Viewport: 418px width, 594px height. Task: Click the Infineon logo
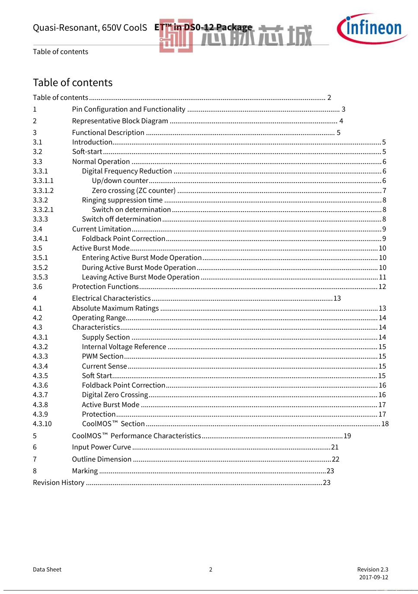[x=371, y=29]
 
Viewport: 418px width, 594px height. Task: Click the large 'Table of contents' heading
[x=73, y=83]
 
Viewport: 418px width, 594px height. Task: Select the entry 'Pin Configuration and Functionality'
[x=128, y=109]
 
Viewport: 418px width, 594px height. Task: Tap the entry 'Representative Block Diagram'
[x=120, y=121]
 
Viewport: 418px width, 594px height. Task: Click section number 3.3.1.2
[x=43, y=191]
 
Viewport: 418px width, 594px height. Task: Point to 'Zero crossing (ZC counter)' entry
[x=134, y=191]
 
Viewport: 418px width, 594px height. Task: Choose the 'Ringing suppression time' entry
[x=122, y=200]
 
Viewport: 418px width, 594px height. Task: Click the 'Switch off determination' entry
[x=121, y=219]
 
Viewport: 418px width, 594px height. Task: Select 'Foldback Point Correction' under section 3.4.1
[x=124, y=239]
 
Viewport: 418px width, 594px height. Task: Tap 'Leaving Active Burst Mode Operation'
[x=140, y=277]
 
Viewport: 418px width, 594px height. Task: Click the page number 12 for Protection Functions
[x=382, y=287]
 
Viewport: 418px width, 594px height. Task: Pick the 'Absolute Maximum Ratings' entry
[x=115, y=308]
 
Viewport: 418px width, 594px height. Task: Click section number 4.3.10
[x=42, y=424]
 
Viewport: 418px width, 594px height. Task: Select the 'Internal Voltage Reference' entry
[x=124, y=347]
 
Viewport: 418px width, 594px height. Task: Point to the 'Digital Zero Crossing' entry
[x=115, y=395]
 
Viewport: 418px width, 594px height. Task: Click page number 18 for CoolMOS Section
[x=385, y=424]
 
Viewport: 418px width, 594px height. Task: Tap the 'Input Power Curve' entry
[x=101, y=447]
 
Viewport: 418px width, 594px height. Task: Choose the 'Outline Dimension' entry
[x=102, y=459]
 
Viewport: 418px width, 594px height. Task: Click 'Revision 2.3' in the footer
[x=373, y=570]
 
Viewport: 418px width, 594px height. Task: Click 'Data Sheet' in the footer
[x=47, y=570]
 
